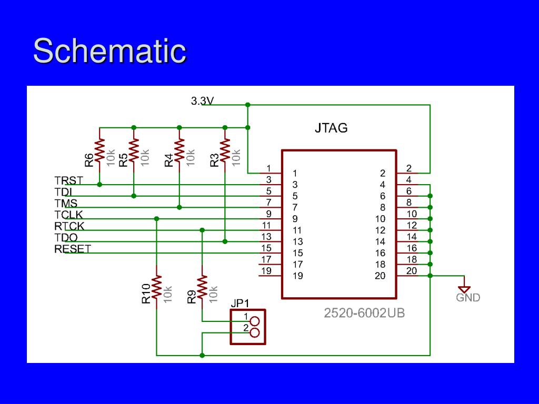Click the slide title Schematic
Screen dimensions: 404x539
tap(109, 51)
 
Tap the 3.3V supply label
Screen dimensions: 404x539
tap(202, 101)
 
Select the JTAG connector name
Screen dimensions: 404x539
tap(331, 128)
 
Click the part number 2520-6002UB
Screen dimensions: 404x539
tap(364, 313)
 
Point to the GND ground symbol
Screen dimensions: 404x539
tap(464, 288)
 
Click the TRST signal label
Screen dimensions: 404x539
tap(68, 181)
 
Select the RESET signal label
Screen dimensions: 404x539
tap(73, 249)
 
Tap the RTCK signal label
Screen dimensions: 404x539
tap(69, 226)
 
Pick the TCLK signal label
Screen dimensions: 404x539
tap(68, 215)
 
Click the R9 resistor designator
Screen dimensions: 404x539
tap(192, 297)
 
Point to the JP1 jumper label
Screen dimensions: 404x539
tap(240, 304)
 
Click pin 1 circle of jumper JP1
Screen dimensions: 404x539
tap(255, 321)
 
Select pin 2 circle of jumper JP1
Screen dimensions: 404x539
tap(255, 332)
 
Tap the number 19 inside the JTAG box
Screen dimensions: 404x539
tap(298, 276)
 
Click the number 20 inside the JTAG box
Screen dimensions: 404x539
tap(380, 276)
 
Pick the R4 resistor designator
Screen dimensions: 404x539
tap(168, 160)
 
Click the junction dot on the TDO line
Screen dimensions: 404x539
tap(225, 241)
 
